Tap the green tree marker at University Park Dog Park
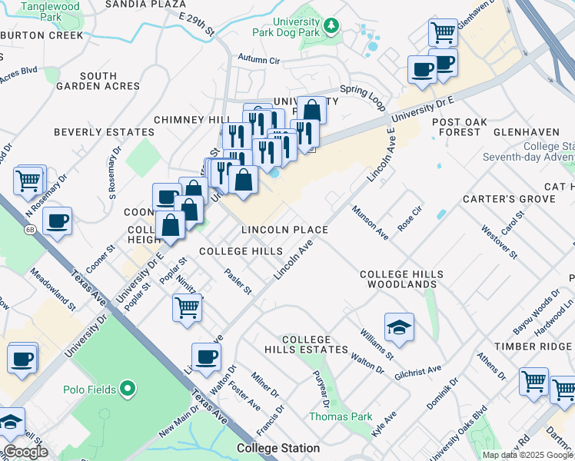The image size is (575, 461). click(331, 27)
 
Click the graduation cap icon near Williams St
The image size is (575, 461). click(398, 328)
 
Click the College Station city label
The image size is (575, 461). click(278, 448)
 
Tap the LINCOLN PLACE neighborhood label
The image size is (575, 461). click(284, 230)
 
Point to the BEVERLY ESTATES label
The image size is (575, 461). click(99, 132)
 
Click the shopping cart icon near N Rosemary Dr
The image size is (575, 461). click(29, 181)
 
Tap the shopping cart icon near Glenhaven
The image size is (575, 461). click(443, 33)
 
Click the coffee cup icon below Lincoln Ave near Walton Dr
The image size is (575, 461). click(206, 357)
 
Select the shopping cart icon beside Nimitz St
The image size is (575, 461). click(187, 307)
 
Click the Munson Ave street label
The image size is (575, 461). click(371, 221)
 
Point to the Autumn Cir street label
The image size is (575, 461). click(259, 58)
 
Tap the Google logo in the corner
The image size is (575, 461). click(25, 452)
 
